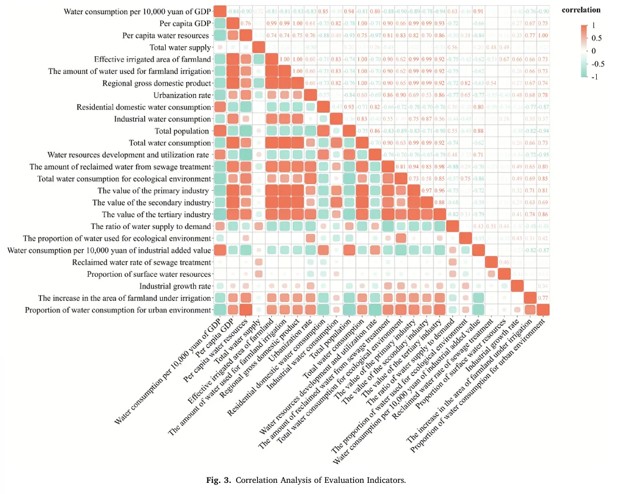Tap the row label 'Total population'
[182, 131]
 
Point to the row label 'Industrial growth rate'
[175, 286]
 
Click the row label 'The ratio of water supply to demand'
[151, 226]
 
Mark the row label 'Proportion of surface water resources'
[149, 274]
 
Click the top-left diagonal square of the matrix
[220, 11]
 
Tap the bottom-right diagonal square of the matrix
[543, 310]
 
